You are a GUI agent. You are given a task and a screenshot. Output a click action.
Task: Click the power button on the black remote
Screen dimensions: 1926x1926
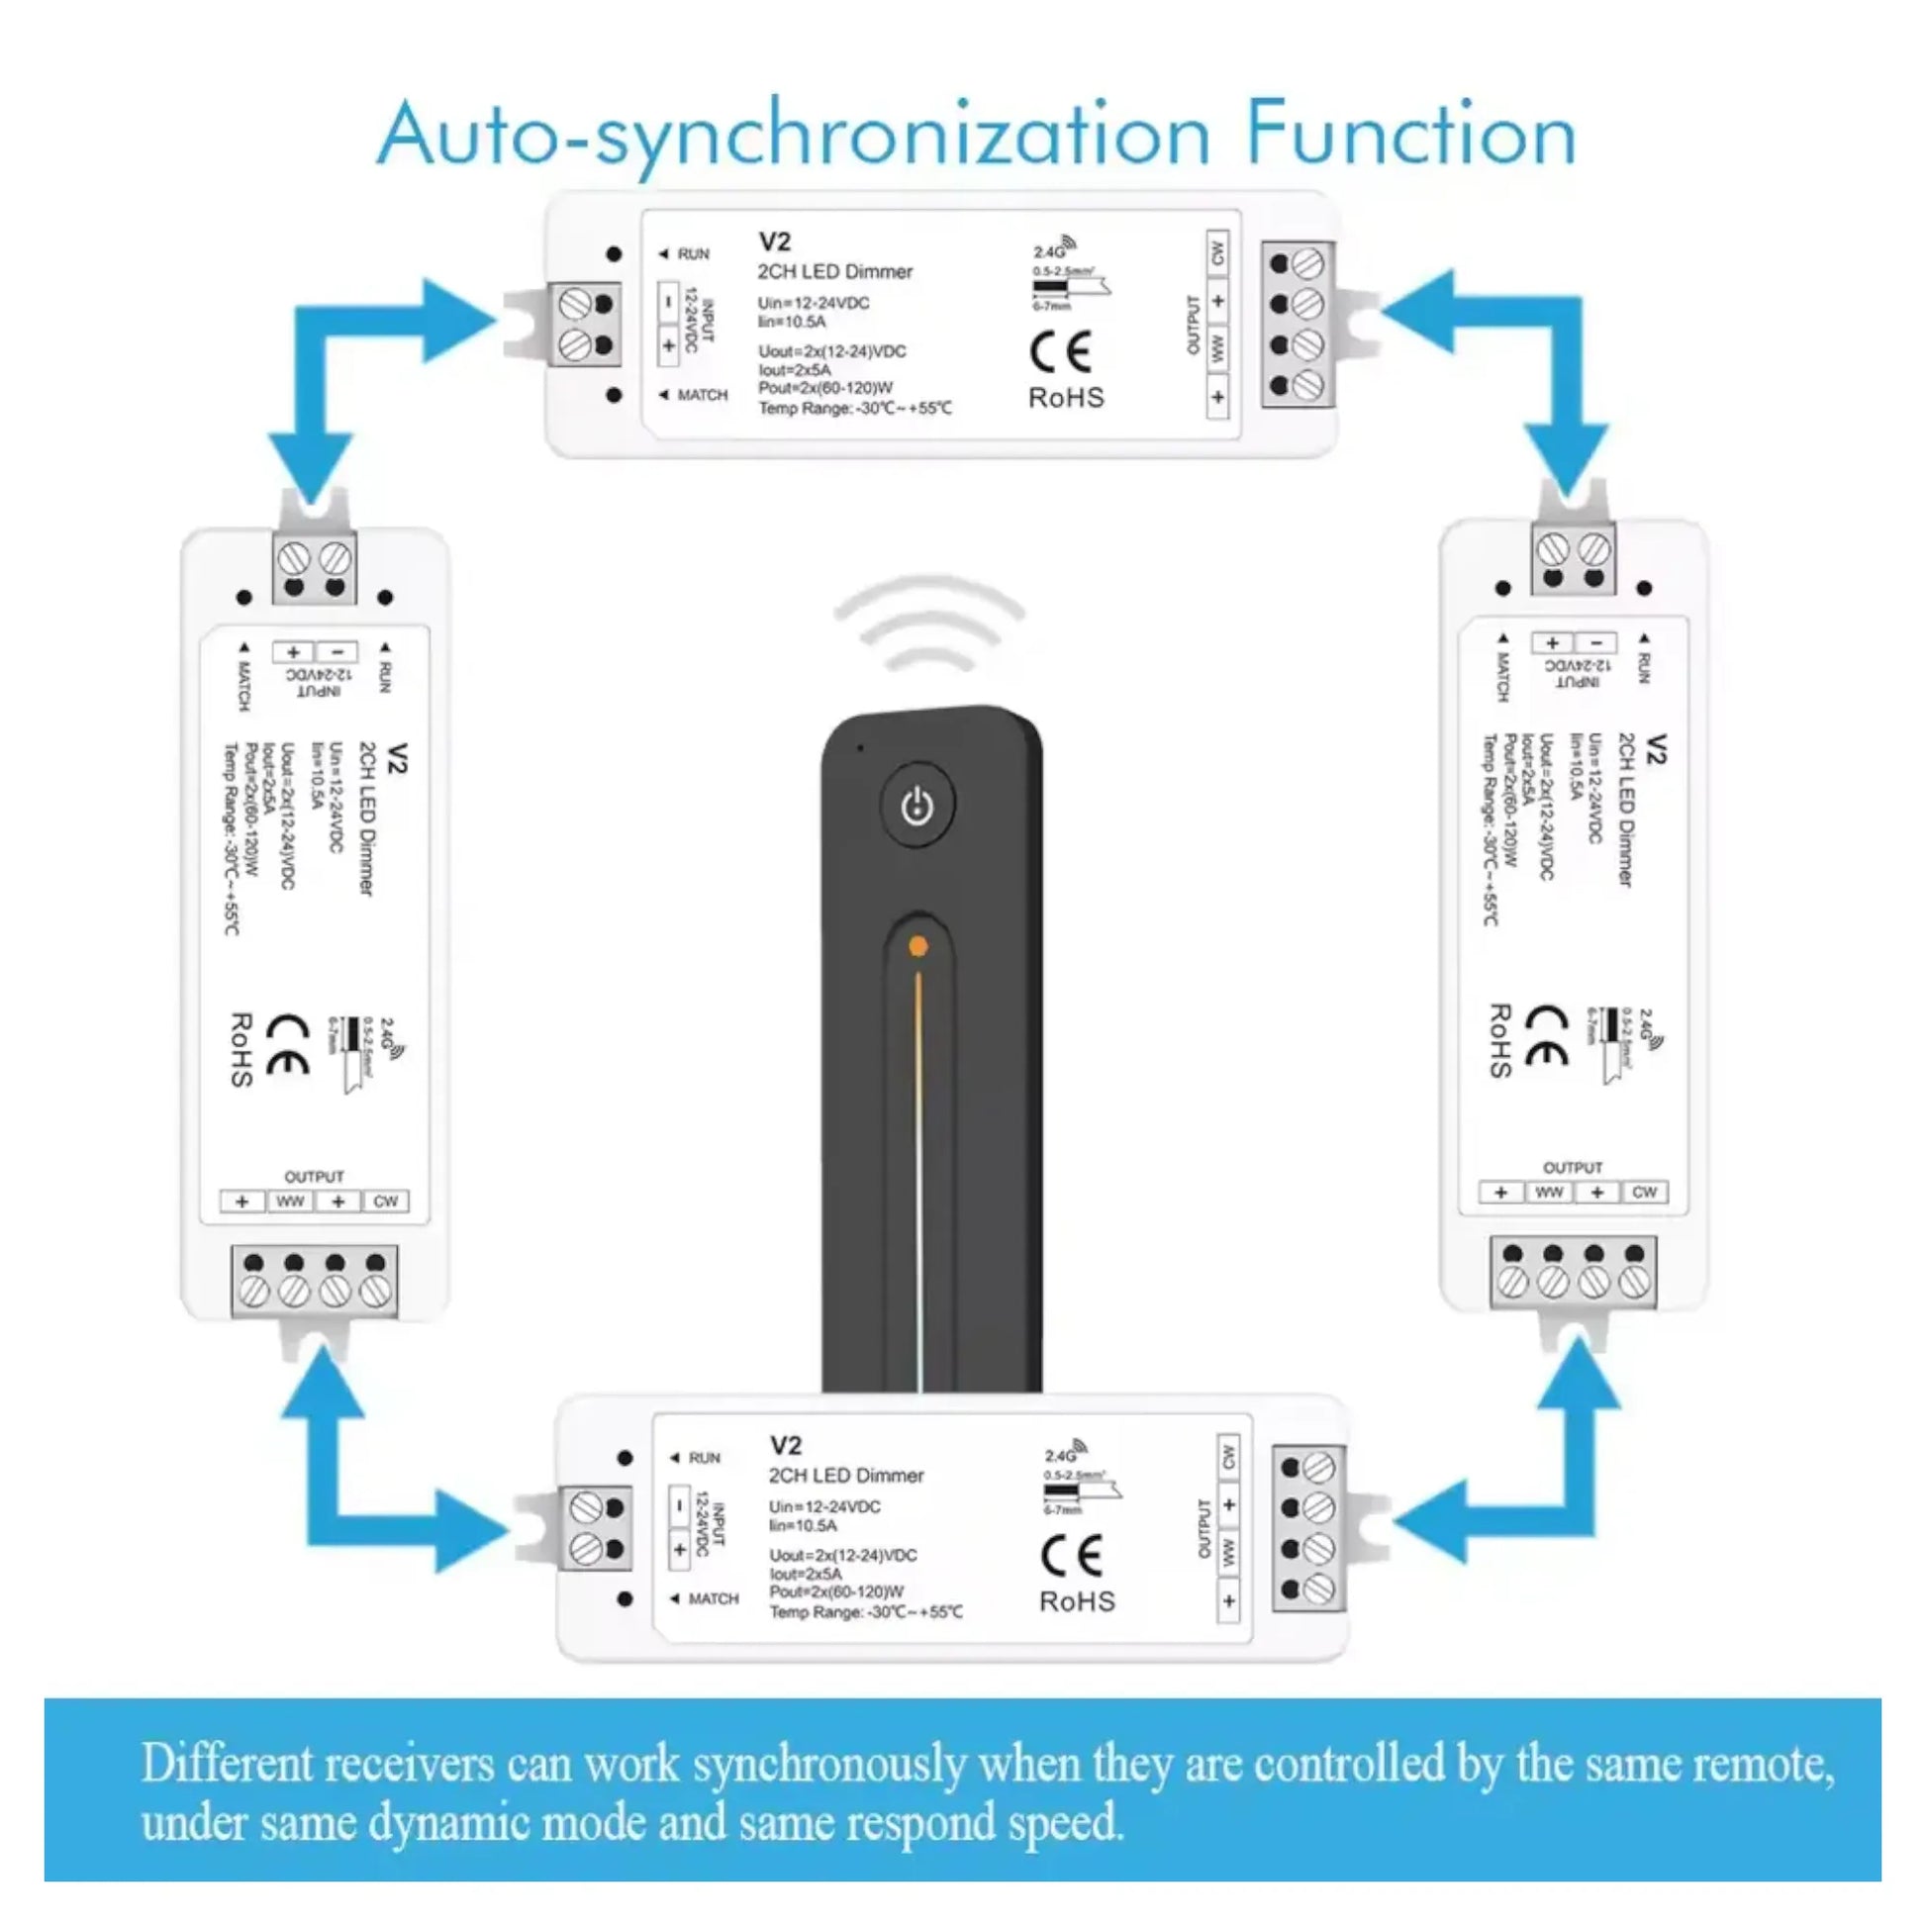coord(916,806)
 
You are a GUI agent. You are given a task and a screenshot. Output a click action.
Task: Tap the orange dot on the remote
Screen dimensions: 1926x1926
coord(918,945)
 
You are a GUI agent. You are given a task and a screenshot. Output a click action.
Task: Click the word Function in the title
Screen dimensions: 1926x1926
coord(1409,134)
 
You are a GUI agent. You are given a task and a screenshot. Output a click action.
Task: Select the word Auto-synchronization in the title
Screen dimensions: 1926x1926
coord(794,136)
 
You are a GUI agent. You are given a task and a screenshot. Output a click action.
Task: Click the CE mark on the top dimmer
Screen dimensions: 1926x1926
coord(1061,352)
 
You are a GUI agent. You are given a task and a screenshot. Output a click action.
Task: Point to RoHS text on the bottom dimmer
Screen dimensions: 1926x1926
coord(1077,1601)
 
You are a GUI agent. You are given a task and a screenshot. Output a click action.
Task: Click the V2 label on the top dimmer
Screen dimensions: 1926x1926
coord(775,241)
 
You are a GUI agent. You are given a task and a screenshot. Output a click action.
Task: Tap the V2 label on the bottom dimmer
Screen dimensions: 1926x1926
coord(786,1445)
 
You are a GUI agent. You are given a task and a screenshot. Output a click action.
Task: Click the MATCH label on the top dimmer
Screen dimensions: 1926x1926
coord(702,395)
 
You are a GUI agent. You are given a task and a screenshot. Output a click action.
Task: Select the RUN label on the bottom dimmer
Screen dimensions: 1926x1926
coord(704,1458)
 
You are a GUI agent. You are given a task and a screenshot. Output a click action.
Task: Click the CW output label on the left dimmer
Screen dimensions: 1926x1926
coord(385,1202)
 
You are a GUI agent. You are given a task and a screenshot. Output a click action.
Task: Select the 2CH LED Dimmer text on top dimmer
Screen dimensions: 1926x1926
coord(834,271)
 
